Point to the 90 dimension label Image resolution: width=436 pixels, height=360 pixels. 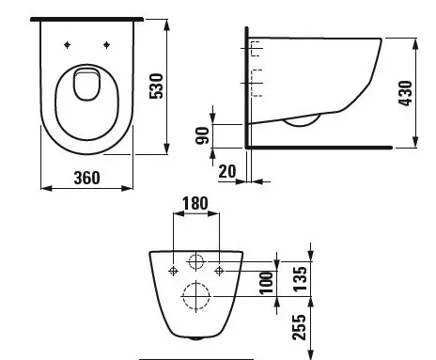tap(199, 134)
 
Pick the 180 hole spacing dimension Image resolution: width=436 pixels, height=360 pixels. tap(195, 204)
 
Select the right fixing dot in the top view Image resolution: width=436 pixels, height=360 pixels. tap(107, 43)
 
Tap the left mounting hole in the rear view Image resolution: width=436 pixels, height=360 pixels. tap(172, 271)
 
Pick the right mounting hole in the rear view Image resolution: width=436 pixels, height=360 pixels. tap(219, 271)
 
